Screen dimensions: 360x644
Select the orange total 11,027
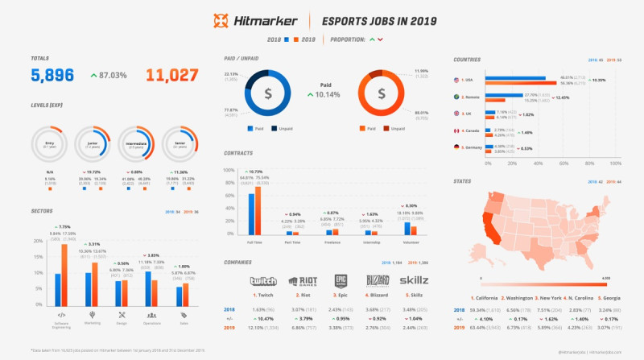coord(171,76)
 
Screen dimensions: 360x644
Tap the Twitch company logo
coord(262,281)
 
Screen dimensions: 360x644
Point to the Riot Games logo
coord(302,281)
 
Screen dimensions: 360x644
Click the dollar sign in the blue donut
coord(268,93)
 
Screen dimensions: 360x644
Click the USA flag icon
coord(457,81)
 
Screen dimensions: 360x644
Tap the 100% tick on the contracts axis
coord(228,171)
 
